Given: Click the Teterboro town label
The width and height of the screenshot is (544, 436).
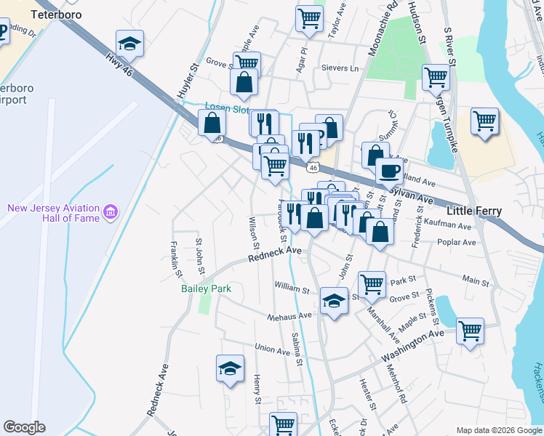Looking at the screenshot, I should (x=56, y=14).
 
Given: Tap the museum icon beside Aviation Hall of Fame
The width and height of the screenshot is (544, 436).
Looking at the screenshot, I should (x=111, y=212).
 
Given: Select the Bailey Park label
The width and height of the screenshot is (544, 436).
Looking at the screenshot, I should (x=206, y=288).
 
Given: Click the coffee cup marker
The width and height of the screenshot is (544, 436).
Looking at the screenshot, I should (x=388, y=171).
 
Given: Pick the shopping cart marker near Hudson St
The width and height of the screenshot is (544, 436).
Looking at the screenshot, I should (x=436, y=76).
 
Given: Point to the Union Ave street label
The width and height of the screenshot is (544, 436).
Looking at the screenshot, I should (x=273, y=350).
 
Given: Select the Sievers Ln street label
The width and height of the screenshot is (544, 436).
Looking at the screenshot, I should (x=344, y=69).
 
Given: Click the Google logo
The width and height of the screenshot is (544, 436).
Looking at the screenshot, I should (x=24, y=427).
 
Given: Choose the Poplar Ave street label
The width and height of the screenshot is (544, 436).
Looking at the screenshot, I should (x=456, y=243).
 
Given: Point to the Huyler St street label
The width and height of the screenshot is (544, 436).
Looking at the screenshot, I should (x=188, y=81).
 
